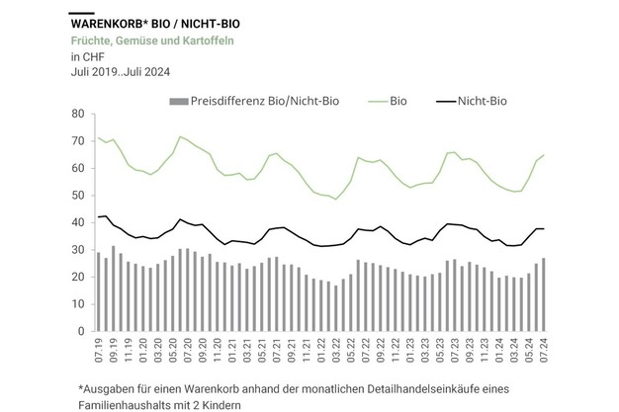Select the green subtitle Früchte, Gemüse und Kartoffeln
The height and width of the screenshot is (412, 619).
point(152,41)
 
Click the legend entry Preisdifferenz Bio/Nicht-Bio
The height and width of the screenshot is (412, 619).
point(254,101)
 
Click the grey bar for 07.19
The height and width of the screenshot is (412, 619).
point(98,292)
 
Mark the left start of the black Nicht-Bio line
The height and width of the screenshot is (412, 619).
point(98,217)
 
